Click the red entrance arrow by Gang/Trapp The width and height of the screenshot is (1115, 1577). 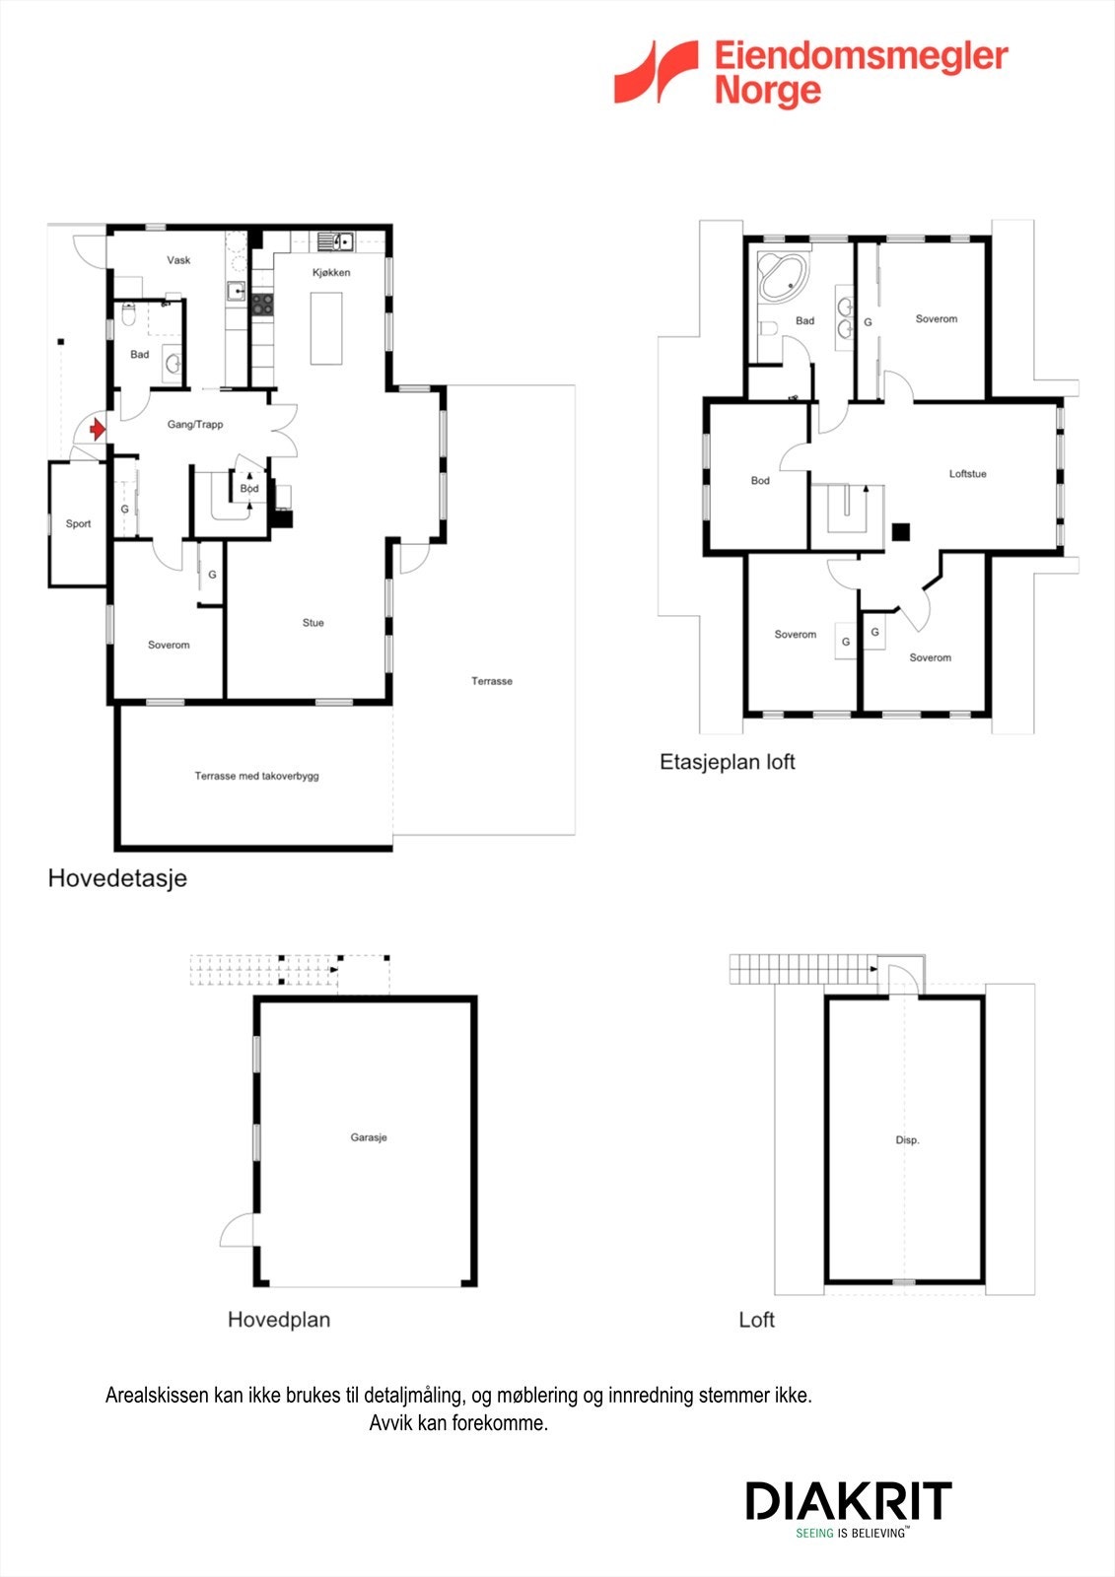tap(97, 430)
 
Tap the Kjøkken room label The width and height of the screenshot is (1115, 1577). tap(331, 272)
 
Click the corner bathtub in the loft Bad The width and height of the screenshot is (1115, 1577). tap(783, 276)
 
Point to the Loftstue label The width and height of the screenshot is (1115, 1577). tap(967, 474)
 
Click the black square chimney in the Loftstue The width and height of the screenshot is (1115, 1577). tap(900, 531)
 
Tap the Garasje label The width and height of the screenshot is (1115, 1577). tap(369, 1137)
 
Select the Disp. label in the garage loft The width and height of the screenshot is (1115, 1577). tap(907, 1140)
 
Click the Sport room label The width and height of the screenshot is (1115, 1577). tap(78, 524)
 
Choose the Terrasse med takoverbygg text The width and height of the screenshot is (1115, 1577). tap(256, 777)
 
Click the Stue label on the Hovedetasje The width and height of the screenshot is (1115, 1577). tap(313, 623)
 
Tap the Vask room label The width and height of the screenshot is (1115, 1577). tap(178, 260)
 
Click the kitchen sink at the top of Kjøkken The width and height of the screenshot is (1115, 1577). tap(335, 240)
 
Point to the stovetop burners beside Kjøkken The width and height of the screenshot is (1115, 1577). tap(261, 305)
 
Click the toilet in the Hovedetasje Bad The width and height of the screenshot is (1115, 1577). tap(128, 314)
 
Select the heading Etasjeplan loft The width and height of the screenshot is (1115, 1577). tap(727, 762)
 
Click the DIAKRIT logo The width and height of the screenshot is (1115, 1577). tap(848, 1501)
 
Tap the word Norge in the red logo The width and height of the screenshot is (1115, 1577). tap(767, 92)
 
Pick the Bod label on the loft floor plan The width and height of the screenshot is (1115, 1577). tap(760, 481)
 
